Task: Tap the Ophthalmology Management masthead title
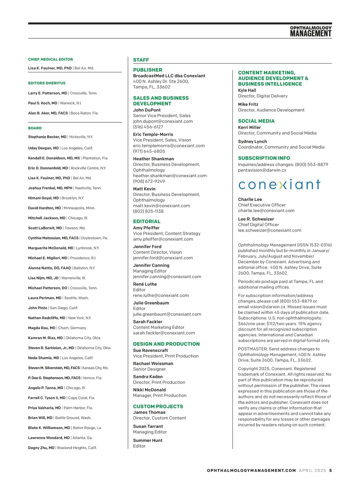point(310,31)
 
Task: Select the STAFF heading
point(141,60)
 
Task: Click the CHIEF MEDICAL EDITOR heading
point(50,59)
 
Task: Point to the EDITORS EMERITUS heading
point(46,83)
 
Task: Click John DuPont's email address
point(163,121)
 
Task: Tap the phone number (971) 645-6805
point(149,151)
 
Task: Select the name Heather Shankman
point(154,159)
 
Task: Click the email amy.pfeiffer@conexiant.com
point(163,239)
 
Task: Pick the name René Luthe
point(145,284)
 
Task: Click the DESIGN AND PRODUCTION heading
point(166,344)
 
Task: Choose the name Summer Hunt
point(148,440)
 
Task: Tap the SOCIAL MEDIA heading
point(256,121)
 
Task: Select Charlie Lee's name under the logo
point(250,199)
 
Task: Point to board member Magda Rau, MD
point(42,328)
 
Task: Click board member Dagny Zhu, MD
point(41,448)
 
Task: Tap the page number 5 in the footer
point(330,471)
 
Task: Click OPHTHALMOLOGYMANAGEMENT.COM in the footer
point(251,471)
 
